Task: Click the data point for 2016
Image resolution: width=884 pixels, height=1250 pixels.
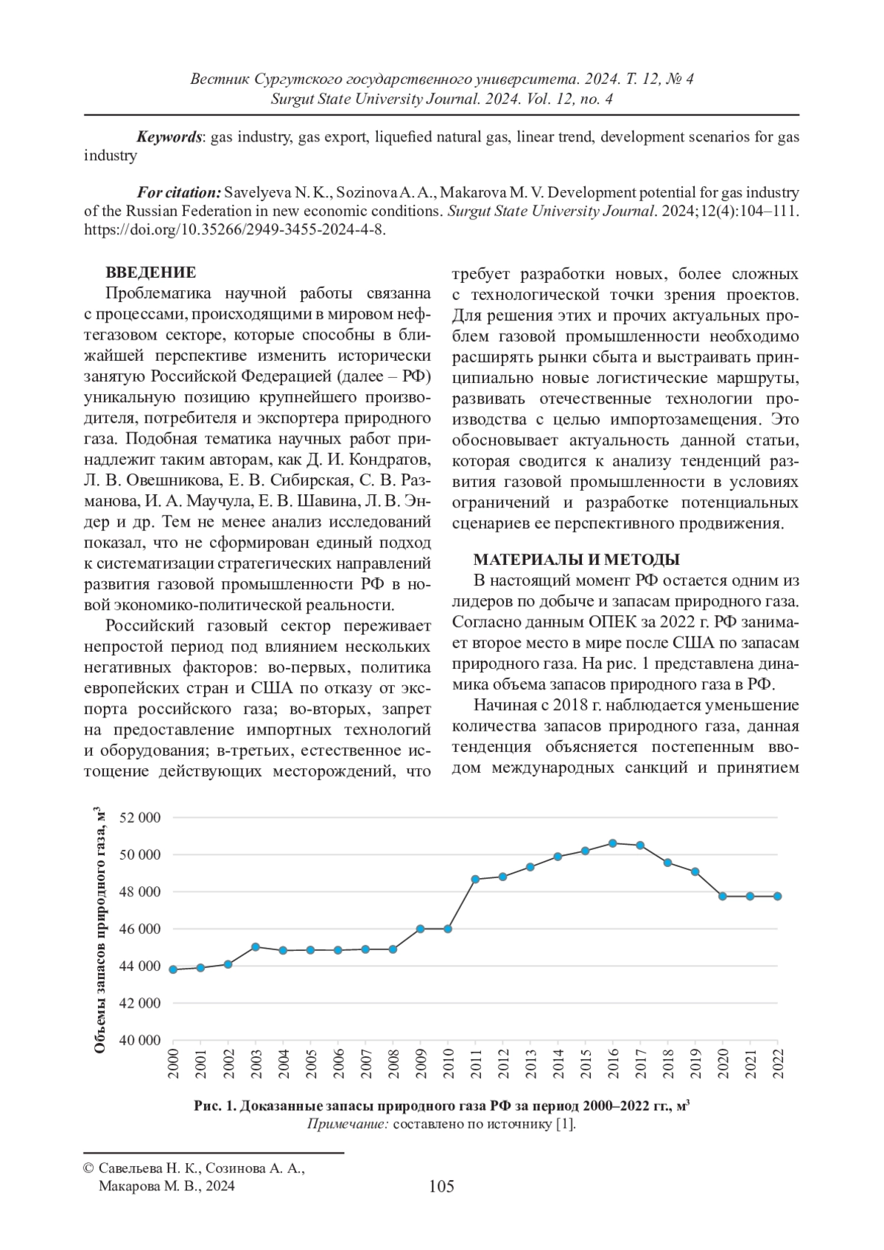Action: (613, 843)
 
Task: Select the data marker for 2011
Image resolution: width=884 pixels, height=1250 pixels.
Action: (475, 879)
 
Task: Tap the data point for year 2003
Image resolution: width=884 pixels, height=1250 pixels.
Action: (256, 947)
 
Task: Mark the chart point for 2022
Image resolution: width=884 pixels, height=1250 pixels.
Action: (777, 896)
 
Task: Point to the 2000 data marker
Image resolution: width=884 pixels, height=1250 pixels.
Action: (173, 969)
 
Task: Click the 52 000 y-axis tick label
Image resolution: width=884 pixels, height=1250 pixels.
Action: (139, 818)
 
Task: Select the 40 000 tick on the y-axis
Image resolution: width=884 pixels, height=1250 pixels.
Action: (139, 1040)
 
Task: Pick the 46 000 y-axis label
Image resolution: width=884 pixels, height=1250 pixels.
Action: (139, 929)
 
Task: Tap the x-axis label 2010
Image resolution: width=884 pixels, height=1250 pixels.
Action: (448, 1064)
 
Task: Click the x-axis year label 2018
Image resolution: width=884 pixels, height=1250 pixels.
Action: (667, 1064)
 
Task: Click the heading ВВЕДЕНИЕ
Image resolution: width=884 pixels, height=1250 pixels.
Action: (150, 273)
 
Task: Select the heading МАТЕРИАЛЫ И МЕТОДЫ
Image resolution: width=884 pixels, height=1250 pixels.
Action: (575, 559)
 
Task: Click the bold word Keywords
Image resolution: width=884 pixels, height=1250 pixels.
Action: (169, 137)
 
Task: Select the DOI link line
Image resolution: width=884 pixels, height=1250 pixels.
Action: (235, 229)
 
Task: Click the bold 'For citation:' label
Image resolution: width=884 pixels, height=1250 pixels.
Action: (178, 193)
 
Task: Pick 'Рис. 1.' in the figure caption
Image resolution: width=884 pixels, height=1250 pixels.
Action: (215, 1106)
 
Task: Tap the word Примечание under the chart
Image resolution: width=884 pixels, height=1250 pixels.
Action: (347, 1124)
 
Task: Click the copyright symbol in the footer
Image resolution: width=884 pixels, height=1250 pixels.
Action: (88, 1169)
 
